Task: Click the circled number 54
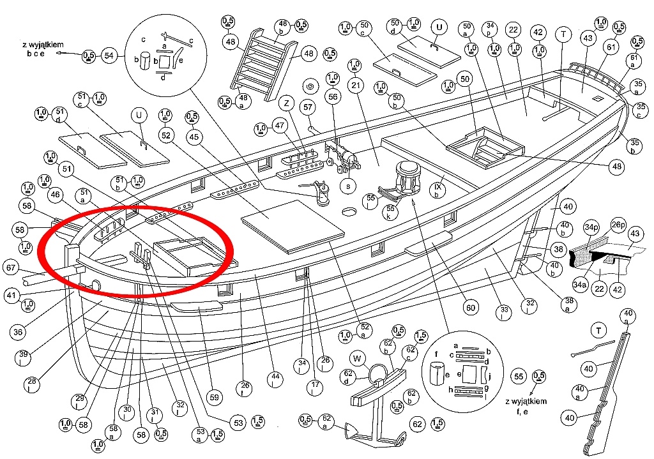[110, 56]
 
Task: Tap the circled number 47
[278, 127]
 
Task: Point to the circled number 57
[308, 107]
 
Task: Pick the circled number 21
[356, 85]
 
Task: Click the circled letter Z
[287, 103]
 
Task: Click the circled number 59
[215, 397]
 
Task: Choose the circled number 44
[276, 379]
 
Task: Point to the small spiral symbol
[311, 86]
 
